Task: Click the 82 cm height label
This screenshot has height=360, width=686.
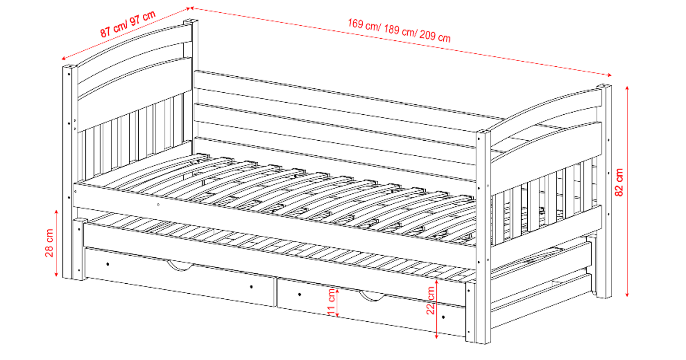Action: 619,182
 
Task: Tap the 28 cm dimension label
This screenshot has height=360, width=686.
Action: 49,243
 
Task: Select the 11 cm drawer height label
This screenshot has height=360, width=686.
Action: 331,302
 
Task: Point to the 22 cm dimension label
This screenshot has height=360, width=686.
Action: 430,300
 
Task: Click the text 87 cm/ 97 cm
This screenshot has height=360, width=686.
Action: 128,24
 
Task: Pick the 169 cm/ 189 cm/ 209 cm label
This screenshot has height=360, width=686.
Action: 399,30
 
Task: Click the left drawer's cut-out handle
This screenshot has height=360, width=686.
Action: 180,266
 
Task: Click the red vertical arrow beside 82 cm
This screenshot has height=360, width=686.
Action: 627,191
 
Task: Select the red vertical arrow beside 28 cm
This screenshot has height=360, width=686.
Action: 56,243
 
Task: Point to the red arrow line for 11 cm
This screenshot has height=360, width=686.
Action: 337,303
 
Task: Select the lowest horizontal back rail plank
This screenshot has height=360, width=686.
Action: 334,159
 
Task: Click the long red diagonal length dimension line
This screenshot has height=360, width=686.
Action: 401,41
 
